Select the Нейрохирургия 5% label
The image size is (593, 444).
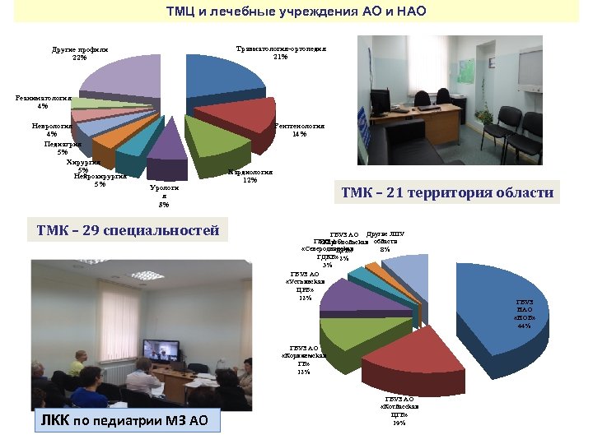[100, 179]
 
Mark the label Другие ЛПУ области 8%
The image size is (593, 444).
[385, 241]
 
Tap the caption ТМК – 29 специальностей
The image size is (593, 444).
[128, 230]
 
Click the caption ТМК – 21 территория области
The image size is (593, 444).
[447, 193]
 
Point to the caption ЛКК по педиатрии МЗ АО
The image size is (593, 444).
[127, 422]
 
